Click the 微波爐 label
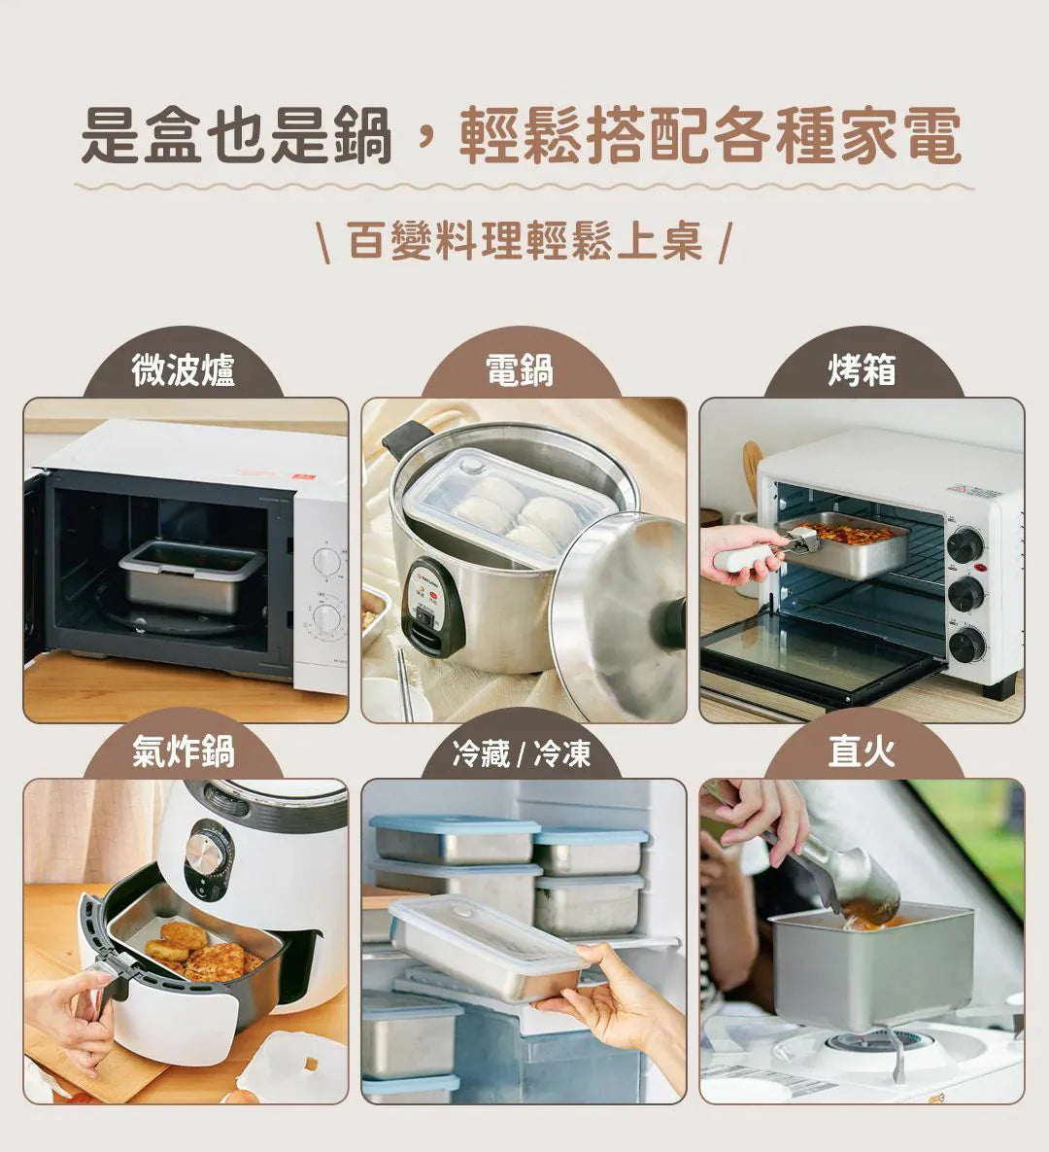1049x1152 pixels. tap(184, 369)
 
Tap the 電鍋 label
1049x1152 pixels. tap(521, 369)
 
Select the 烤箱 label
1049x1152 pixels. tap(862, 369)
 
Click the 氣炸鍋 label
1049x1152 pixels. tap(184, 751)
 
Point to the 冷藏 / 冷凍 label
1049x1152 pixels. tap(522, 753)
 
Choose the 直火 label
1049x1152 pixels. tap(862, 751)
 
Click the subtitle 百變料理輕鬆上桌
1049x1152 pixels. tap(524, 241)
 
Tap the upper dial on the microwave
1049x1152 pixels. tap(326, 562)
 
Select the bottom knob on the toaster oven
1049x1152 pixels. tap(966, 646)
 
